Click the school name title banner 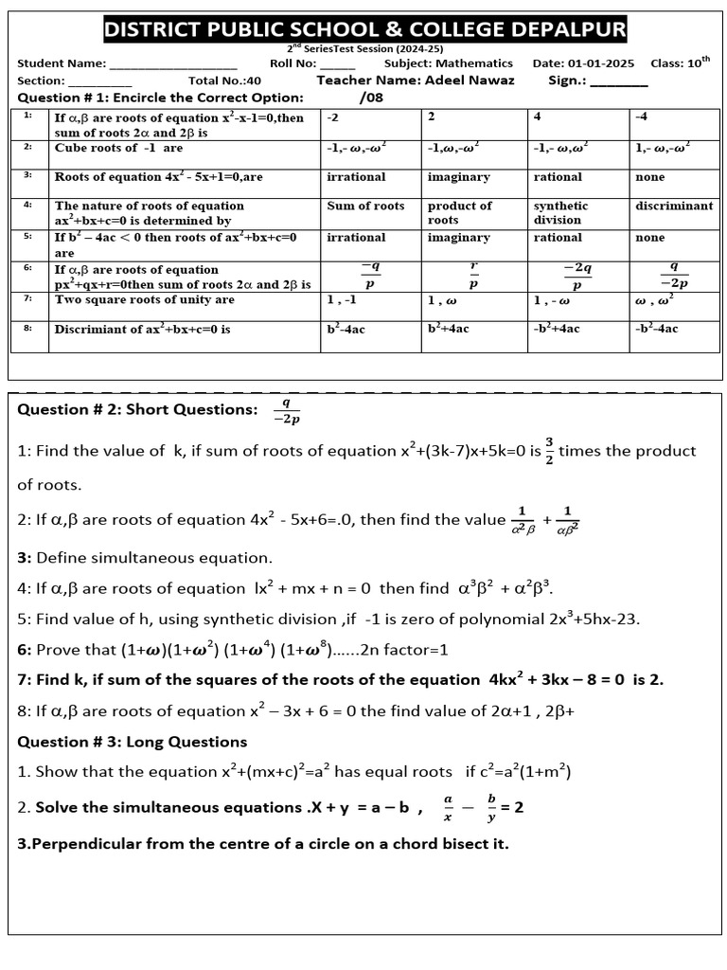(364, 30)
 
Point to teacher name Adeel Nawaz (470, 81)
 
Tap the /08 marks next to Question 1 (371, 98)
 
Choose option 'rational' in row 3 (558, 177)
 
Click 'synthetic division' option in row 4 (560, 212)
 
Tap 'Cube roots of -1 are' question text (118, 148)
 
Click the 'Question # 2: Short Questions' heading (137, 409)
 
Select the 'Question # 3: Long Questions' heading (133, 742)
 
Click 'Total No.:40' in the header (224, 81)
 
